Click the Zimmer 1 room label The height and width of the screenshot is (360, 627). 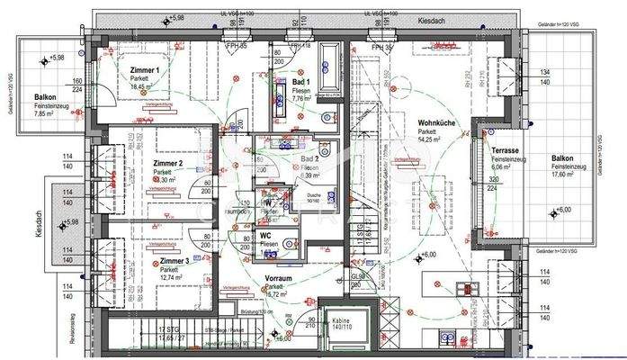coord(144,70)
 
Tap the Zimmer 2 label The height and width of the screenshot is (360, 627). coord(167,164)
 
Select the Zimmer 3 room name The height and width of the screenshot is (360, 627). coord(175,260)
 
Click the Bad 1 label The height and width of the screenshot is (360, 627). coord(302,83)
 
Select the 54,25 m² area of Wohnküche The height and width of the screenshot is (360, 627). coord(428,139)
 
